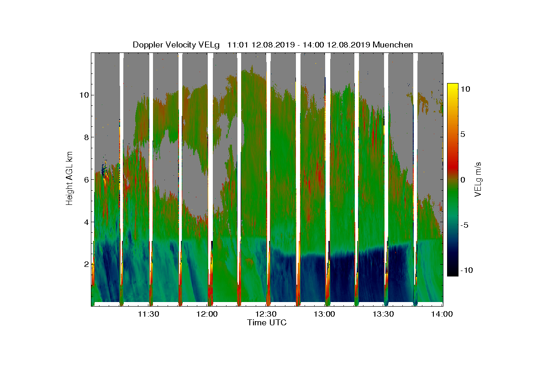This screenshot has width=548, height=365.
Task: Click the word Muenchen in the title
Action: tap(393, 45)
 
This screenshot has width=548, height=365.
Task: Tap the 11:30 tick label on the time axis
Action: tap(148, 314)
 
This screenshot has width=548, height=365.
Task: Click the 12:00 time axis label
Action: tap(207, 314)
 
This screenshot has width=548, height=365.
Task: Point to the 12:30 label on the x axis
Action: tap(266, 314)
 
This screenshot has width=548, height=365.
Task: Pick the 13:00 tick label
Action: tap(325, 314)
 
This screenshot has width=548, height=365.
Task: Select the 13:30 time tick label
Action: tap(384, 314)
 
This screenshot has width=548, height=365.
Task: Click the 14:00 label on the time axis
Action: tap(442, 314)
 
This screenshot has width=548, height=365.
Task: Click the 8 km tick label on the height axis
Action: tap(86, 137)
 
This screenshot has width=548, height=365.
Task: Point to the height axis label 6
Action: tap(86, 179)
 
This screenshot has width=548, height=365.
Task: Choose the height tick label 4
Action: tap(86, 222)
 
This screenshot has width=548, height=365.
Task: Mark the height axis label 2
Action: tap(86, 264)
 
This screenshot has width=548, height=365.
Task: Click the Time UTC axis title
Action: tap(267, 323)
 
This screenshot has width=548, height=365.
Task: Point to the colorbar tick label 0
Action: tap(463, 180)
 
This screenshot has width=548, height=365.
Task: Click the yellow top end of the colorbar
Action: tap(452, 86)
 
